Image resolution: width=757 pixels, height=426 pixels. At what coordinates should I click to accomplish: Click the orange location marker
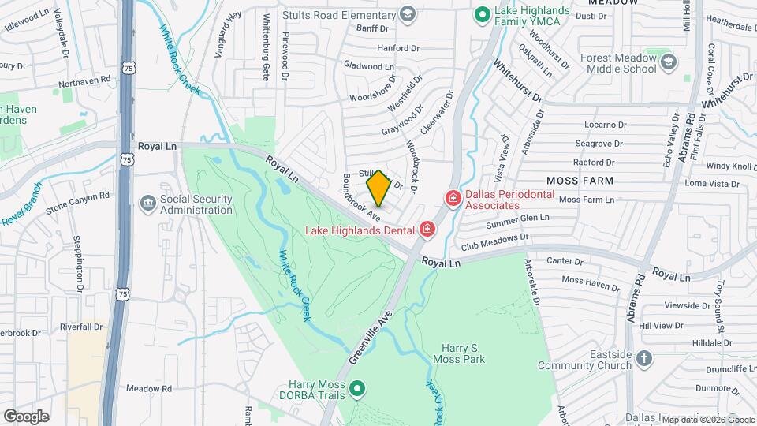[x=378, y=189]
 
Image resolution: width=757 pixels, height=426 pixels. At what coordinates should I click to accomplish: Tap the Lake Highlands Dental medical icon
[x=427, y=230]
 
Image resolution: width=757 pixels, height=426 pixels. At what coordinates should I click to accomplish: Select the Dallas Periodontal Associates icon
[x=453, y=198]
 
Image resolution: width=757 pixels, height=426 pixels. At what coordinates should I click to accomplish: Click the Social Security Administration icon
[x=147, y=204]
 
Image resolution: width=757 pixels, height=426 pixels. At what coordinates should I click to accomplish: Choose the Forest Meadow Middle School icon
[x=668, y=62]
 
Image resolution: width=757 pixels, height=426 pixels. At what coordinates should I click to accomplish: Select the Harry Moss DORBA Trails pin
[x=357, y=388]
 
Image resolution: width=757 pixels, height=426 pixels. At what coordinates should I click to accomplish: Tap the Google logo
[x=26, y=417]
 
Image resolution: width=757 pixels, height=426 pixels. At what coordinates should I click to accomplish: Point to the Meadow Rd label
[x=149, y=389]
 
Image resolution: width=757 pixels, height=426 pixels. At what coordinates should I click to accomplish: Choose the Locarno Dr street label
[x=605, y=125]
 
